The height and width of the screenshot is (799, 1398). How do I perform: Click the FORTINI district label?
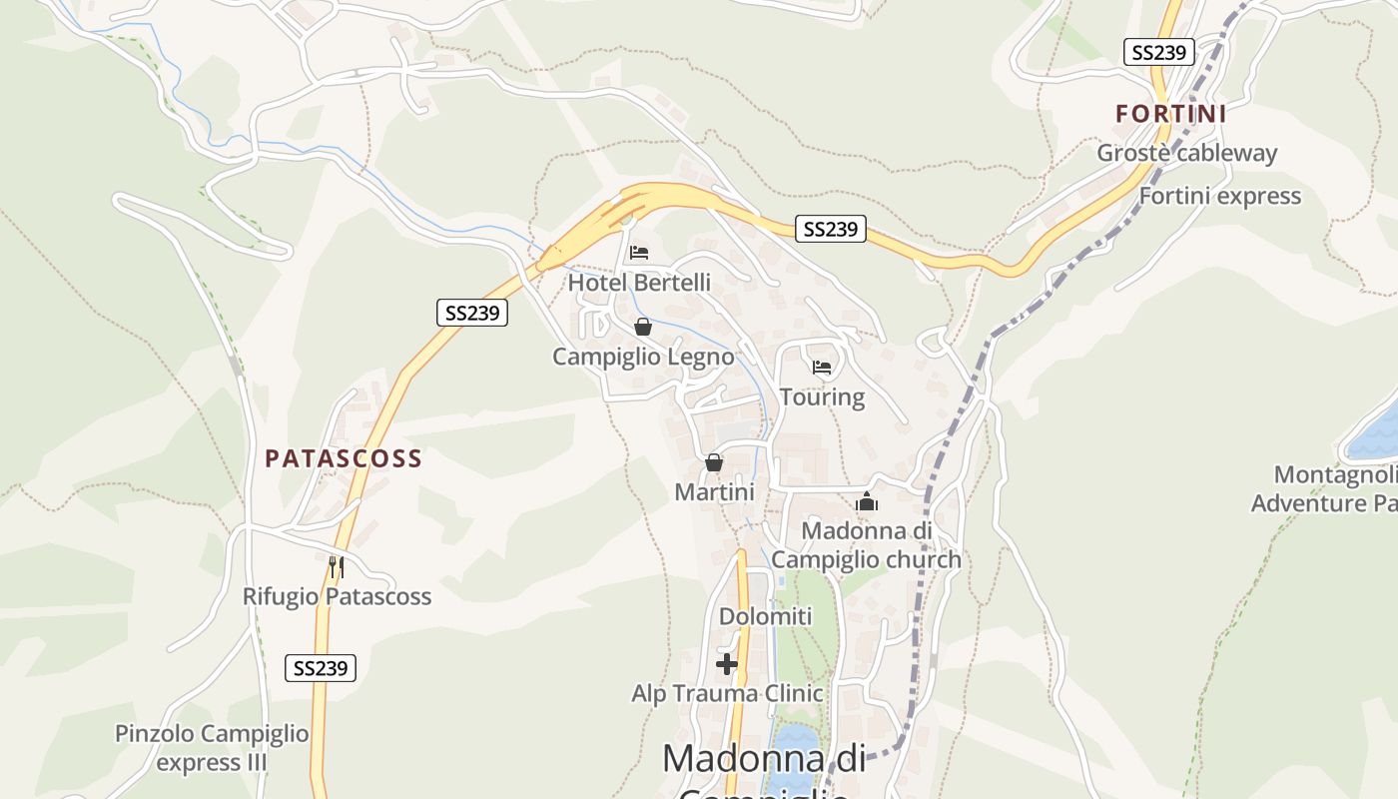tap(1170, 114)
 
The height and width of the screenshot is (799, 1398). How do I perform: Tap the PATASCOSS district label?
tap(343, 458)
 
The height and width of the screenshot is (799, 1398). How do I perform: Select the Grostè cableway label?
tap(1186, 153)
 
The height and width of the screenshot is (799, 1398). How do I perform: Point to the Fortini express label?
tap(1219, 196)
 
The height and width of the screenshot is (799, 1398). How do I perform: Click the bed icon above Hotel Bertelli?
tap(639, 252)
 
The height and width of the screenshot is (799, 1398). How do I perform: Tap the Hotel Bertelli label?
tap(639, 283)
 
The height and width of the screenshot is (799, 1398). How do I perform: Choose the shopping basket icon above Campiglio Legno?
tap(643, 327)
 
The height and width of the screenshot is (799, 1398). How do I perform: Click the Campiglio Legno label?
tap(643, 357)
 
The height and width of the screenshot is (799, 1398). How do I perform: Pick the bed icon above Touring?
tap(822, 367)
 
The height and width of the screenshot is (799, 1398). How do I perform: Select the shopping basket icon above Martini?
tap(714, 462)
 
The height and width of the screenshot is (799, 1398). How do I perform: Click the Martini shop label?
tap(714, 492)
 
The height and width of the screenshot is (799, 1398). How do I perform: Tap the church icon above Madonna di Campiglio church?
tap(866, 501)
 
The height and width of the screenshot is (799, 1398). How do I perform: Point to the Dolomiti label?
tap(766, 616)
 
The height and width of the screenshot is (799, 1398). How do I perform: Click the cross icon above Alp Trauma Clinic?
tap(727, 663)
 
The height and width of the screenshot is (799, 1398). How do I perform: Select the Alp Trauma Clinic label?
tap(727, 693)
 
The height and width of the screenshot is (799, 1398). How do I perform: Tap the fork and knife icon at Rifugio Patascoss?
tap(337, 567)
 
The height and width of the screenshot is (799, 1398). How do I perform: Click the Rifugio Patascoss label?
tap(337, 597)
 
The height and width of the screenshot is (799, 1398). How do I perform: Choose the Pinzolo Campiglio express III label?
tap(212, 748)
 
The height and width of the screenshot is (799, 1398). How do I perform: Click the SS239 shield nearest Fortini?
tap(1158, 52)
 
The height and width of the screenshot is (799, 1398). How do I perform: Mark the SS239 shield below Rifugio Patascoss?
tap(321, 668)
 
